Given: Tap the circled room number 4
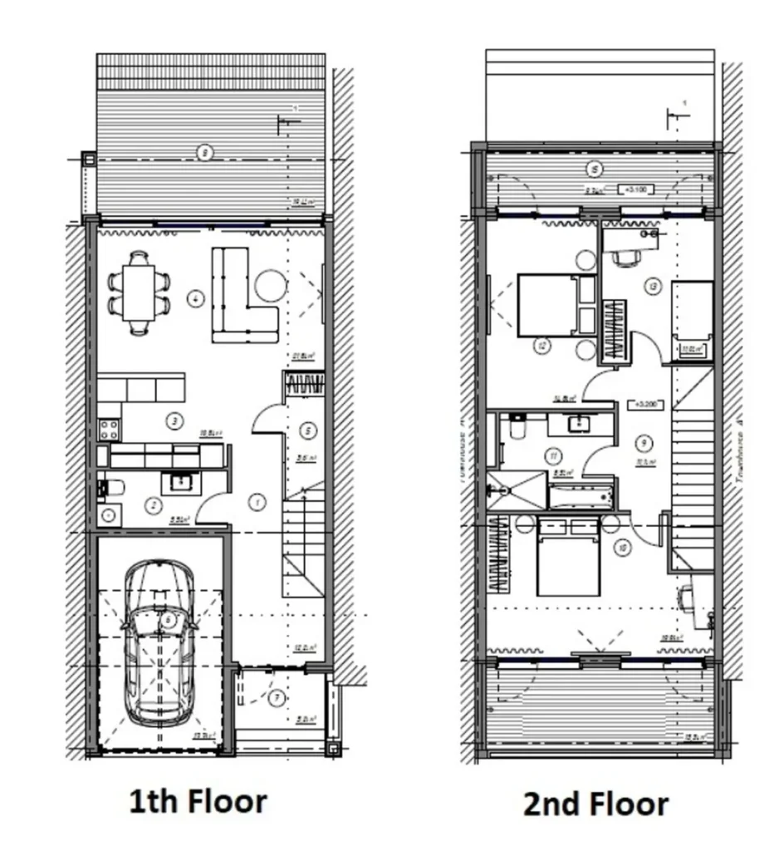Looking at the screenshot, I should click(x=195, y=298).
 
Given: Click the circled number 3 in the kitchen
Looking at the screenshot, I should click(x=174, y=421).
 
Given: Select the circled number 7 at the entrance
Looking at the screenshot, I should click(x=277, y=697).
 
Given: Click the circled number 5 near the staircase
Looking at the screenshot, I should click(x=306, y=430).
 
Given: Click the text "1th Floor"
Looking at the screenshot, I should click(x=198, y=802).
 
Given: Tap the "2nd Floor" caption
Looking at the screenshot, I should click(x=595, y=804).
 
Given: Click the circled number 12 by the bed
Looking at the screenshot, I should click(x=541, y=345).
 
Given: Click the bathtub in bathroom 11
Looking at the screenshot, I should click(x=581, y=496).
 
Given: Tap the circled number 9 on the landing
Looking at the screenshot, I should click(x=644, y=442).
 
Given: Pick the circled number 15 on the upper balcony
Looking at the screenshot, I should click(x=594, y=169).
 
